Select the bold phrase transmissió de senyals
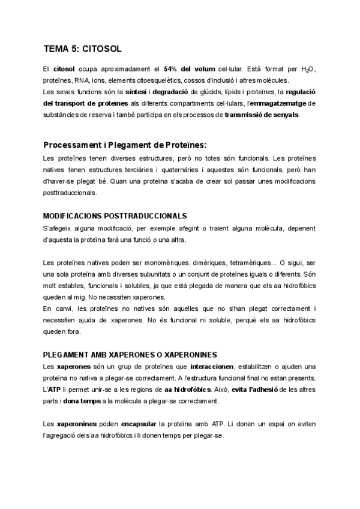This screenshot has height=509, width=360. pos(261,114)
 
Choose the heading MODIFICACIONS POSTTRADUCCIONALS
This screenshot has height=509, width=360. pos(115,215)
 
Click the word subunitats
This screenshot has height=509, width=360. pos(155,274)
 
